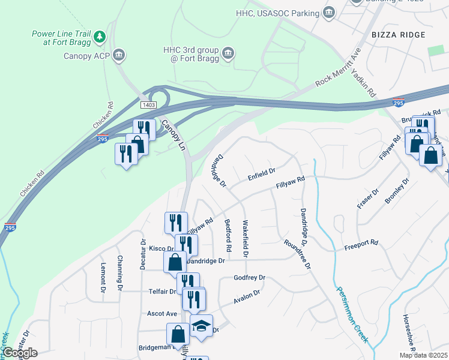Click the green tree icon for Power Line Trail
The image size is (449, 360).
100,38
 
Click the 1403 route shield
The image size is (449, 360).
149,105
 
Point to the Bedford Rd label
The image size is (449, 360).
229,235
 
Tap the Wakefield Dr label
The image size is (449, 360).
246,238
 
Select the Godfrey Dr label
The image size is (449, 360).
249,278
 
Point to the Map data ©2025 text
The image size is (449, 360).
423,355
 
